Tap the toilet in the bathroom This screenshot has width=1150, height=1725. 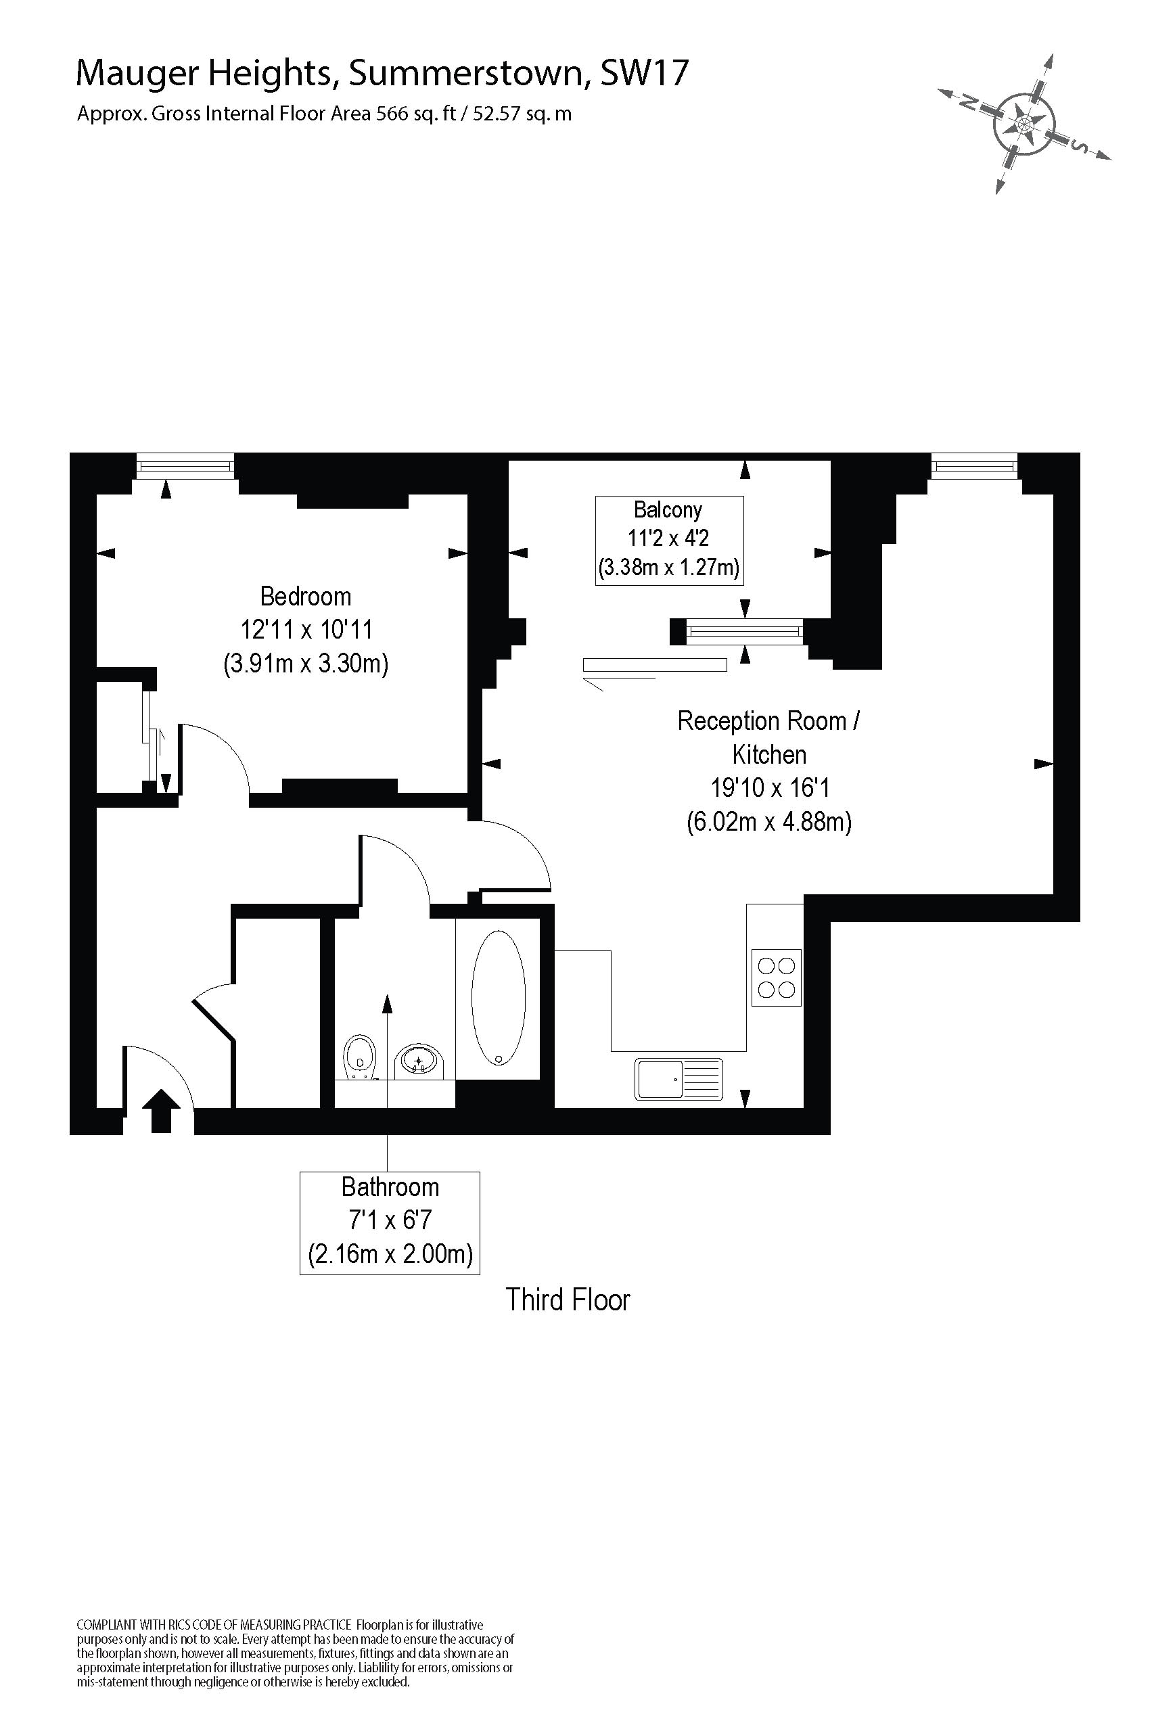pyautogui.click(x=359, y=1057)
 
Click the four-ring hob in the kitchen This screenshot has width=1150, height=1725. pyautogui.click(x=776, y=978)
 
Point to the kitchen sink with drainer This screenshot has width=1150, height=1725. pyautogui.click(x=678, y=1079)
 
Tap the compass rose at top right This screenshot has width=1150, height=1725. pyautogui.click(x=1024, y=122)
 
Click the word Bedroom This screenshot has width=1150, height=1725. pyautogui.click(x=306, y=596)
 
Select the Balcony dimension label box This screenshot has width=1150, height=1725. pyautogui.click(x=668, y=540)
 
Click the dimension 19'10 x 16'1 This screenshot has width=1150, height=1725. pyautogui.click(x=769, y=787)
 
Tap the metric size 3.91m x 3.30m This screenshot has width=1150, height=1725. pyautogui.click(x=306, y=664)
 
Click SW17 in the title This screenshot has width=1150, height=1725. pyautogui.click(x=644, y=73)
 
